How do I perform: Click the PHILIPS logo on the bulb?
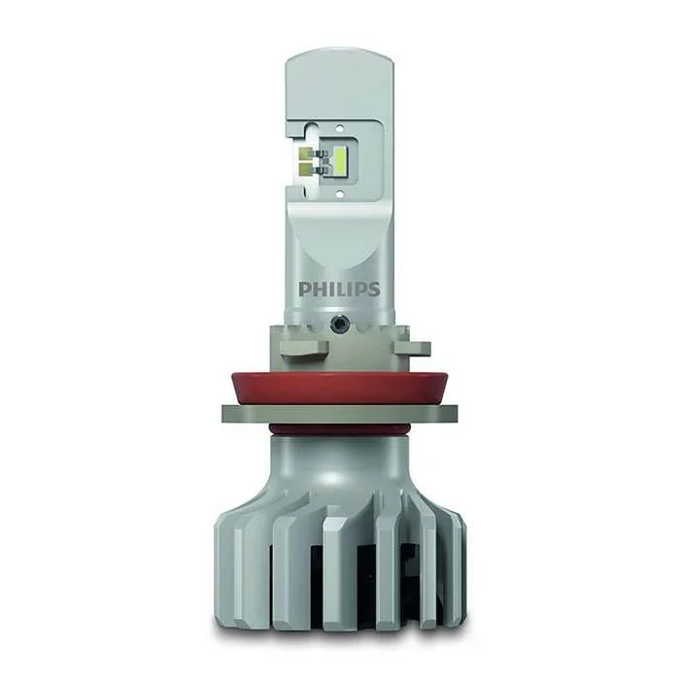(339, 289)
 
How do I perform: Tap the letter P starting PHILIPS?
(304, 289)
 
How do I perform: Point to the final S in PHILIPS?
(374, 289)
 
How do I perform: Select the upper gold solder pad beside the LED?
(305, 153)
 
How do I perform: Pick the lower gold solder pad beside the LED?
(305, 169)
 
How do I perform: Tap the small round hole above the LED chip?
(340, 128)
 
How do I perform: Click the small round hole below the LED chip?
(340, 193)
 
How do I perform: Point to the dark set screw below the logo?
(339, 323)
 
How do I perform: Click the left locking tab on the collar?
(304, 348)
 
